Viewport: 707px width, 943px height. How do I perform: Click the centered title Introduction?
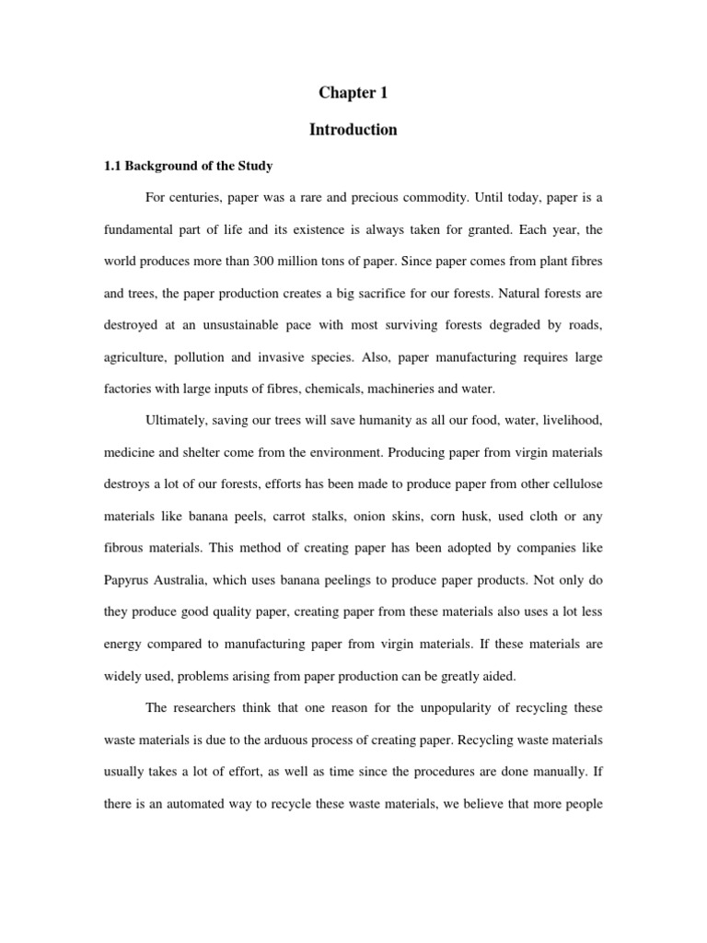(353, 130)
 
